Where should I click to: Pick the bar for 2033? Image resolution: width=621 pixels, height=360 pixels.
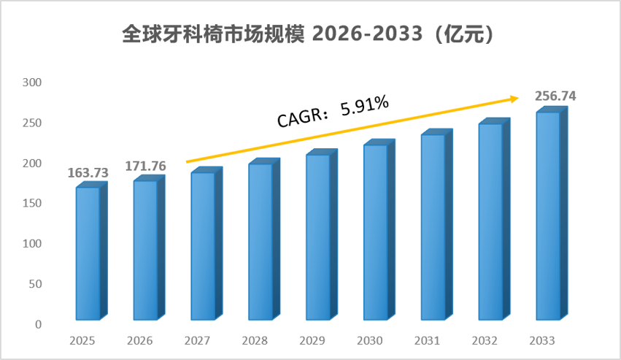click(552, 213)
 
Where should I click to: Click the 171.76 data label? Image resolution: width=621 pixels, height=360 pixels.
click(145, 166)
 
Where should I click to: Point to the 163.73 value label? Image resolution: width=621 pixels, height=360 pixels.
click(88, 173)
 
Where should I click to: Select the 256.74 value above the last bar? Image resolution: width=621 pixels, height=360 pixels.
click(555, 96)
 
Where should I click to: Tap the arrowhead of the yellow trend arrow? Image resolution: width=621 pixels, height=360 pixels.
click(514, 99)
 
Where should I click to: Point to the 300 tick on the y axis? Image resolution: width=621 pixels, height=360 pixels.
click(32, 83)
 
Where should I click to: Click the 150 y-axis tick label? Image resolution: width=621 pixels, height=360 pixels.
click(32, 203)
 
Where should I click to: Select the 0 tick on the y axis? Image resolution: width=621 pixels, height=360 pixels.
click(38, 324)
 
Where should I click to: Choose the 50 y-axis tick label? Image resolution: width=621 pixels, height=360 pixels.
click(35, 284)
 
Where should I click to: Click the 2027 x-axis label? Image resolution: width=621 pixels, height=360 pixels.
click(197, 341)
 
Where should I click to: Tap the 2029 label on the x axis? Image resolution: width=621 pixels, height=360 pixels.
click(312, 341)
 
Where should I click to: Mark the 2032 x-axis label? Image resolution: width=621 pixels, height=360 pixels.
click(485, 341)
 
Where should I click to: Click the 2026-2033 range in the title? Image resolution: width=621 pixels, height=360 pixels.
click(368, 34)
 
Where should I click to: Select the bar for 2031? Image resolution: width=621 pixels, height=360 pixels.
click(437, 224)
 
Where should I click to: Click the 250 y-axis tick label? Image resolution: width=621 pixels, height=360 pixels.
click(32, 123)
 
